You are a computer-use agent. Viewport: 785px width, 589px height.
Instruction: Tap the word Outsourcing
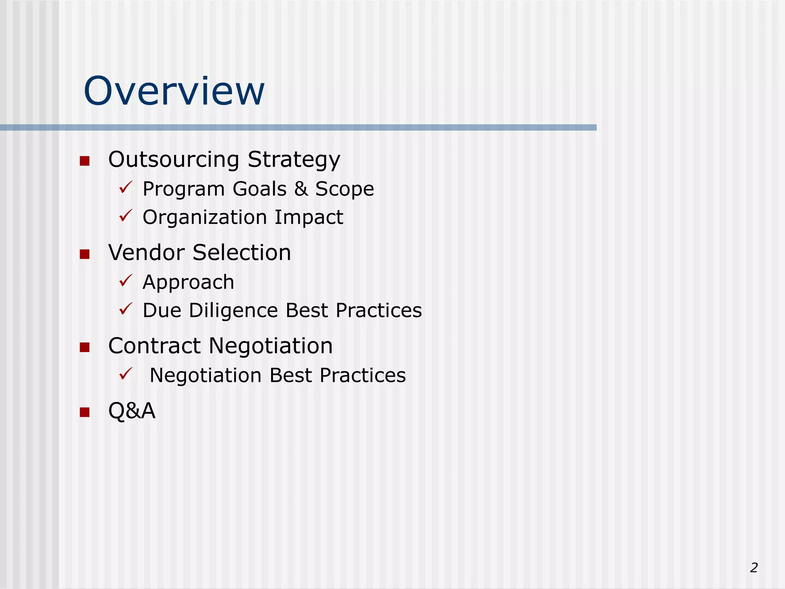[x=174, y=160]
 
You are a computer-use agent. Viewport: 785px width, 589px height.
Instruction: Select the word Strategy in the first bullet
[x=294, y=160]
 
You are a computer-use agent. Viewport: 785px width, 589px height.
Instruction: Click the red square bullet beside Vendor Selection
[x=84, y=254]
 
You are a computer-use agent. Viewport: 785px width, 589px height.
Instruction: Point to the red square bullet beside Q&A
[x=84, y=412]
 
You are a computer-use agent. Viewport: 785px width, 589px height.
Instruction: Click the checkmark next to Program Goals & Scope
[x=125, y=188]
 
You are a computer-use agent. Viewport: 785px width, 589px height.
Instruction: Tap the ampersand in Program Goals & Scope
[x=301, y=189]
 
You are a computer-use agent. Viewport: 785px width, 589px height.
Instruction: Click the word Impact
[x=309, y=217]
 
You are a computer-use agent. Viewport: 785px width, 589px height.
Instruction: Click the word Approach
[x=188, y=283]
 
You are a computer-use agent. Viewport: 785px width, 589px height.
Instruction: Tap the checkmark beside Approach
[x=125, y=281]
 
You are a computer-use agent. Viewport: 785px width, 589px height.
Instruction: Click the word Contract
[x=154, y=346]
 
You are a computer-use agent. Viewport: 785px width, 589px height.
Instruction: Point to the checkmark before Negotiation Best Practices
[x=125, y=374]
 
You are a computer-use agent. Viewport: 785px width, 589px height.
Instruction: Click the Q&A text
[x=132, y=411]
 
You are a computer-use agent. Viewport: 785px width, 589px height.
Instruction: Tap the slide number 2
[x=754, y=568]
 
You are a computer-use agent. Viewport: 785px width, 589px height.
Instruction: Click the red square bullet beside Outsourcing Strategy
[x=84, y=161]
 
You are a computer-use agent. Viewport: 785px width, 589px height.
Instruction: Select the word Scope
[x=344, y=189]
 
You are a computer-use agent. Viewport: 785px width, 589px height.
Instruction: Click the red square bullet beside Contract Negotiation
[x=84, y=347]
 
